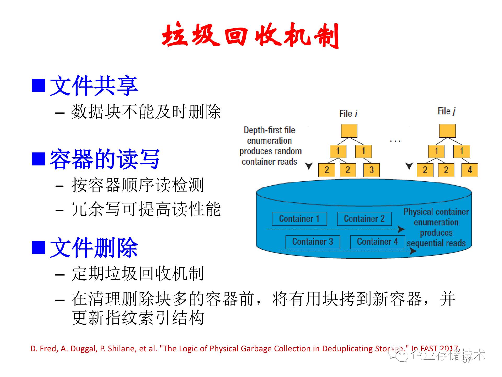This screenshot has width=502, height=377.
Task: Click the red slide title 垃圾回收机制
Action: pyautogui.click(x=250, y=35)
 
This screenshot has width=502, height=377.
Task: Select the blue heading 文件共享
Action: pyautogui.click(x=94, y=86)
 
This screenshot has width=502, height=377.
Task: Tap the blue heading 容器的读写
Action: pyautogui.click(x=105, y=159)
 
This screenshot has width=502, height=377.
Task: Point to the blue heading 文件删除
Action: pyautogui.click(x=94, y=247)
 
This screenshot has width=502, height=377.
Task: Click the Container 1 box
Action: pyautogui.click(x=299, y=219)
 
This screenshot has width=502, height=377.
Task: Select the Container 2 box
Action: pyautogui.click(x=364, y=219)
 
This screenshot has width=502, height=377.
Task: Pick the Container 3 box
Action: pyautogui.click(x=313, y=242)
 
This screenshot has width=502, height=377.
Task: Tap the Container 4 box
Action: pyautogui.click(x=378, y=242)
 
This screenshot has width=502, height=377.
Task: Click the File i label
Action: pyautogui.click(x=348, y=114)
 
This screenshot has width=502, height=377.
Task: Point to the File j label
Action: pyautogui.click(x=446, y=111)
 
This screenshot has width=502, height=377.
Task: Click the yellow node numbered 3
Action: pyautogui.click(x=372, y=170)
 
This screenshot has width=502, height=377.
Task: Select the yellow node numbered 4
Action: pyautogui.click(x=470, y=170)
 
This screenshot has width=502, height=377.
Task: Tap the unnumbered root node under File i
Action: pyautogui.click(x=349, y=131)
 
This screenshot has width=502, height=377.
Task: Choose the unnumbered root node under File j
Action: pyautogui.click(x=447, y=131)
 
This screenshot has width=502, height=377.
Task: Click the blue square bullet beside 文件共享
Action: pyautogui.click(x=38, y=86)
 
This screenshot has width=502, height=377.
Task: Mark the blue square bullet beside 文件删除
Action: pyautogui.click(x=38, y=247)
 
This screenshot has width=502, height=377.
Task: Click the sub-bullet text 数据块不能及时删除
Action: pyautogui.click(x=146, y=112)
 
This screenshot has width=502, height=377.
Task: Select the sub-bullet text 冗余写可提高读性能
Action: pyautogui.click(x=146, y=209)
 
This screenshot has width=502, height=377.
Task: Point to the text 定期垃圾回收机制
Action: pyautogui.click(x=138, y=274)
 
